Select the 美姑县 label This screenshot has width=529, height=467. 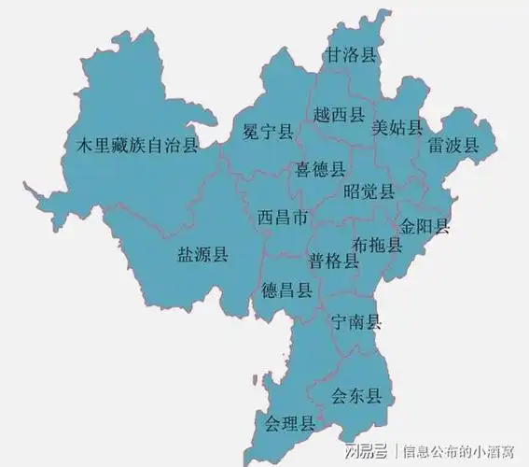pos(397,126)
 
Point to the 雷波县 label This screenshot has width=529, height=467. pos(453,146)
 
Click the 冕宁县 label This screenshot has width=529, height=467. pos(268,132)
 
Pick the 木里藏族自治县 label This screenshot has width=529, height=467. pos(137,145)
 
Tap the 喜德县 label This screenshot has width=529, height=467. pos(320,170)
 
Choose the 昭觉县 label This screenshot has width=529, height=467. pos(369,191)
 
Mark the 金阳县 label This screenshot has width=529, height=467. pos(425,226)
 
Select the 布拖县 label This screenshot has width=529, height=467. pos(378,246)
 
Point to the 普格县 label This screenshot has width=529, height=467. pos(333,261)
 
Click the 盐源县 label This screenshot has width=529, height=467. pos(202,255)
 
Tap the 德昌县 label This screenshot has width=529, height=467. pos(286,290)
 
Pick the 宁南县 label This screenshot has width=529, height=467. pos(356,322)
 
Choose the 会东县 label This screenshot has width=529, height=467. pos(356,395)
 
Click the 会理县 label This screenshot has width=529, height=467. pos(289,423)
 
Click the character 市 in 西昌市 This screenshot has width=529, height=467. pos(299,218)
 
